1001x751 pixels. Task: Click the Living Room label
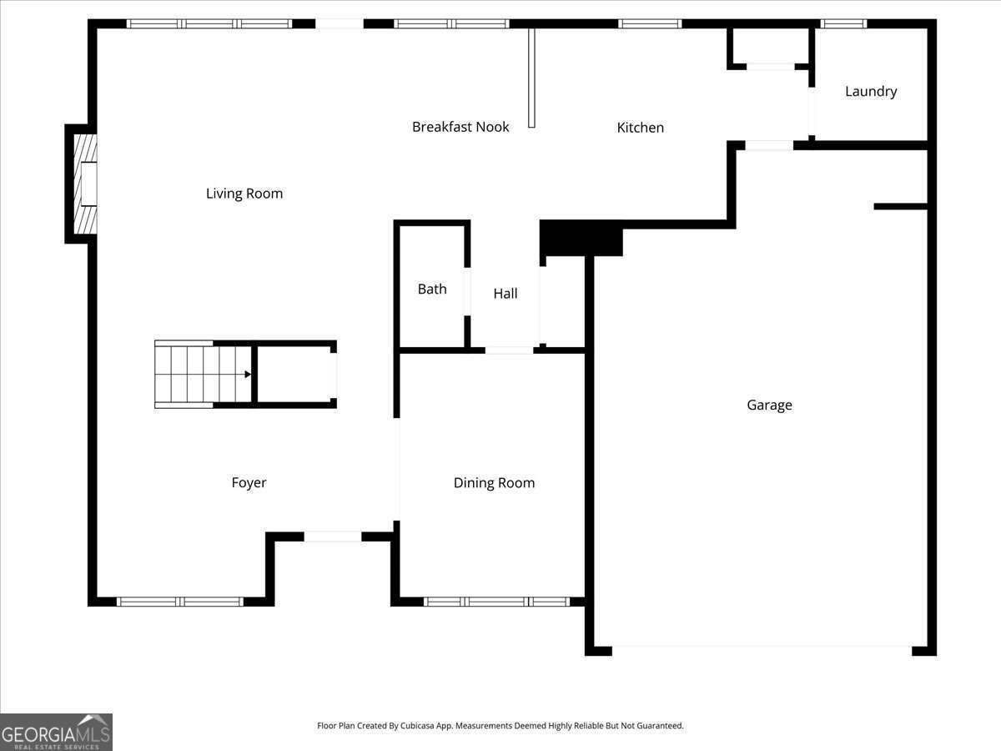[x=244, y=194]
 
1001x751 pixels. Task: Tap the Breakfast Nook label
[x=460, y=127]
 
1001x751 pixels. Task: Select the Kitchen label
[x=641, y=128]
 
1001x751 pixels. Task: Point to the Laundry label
[x=871, y=92]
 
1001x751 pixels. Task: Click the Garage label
[x=769, y=405]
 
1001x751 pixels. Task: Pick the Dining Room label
[x=495, y=483]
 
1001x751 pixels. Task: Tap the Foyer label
[x=249, y=483]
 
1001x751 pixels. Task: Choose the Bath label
[x=432, y=289]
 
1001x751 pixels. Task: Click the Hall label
[x=506, y=294]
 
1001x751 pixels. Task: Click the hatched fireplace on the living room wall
[x=85, y=184]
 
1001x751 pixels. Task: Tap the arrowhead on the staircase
[x=248, y=375]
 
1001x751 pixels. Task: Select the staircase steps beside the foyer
[x=203, y=375]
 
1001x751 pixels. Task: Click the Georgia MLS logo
[x=56, y=732]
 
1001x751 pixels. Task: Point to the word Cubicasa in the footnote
[x=418, y=725]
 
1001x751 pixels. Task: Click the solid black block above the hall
[x=581, y=238]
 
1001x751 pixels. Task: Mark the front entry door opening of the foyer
[x=333, y=537]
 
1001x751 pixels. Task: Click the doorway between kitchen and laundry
[x=812, y=111]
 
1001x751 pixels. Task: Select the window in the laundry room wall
[x=843, y=23]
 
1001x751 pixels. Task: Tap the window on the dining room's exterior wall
[x=496, y=602]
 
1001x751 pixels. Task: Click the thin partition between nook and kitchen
[x=531, y=78]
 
